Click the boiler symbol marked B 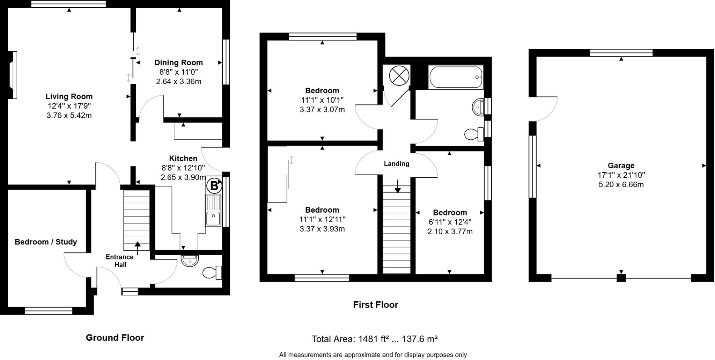click(x=214, y=186)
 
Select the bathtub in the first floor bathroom click(x=456, y=77)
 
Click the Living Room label click(x=69, y=97)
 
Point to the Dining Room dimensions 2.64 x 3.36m click(x=178, y=82)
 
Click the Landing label click(x=396, y=164)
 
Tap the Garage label click(x=621, y=166)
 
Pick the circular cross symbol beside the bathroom click(x=399, y=76)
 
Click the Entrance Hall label click(x=120, y=261)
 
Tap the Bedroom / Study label click(x=46, y=242)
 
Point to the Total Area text click(x=375, y=339)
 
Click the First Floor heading click(x=375, y=305)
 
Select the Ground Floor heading click(x=115, y=338)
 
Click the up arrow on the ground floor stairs click(x=138, y=247)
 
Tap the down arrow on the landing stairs click(x=398, y=186)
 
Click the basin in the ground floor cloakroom click(x=190, y=261)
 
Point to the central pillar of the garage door click(x=621, y=278)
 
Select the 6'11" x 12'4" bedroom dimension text click(x=450, y=222)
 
